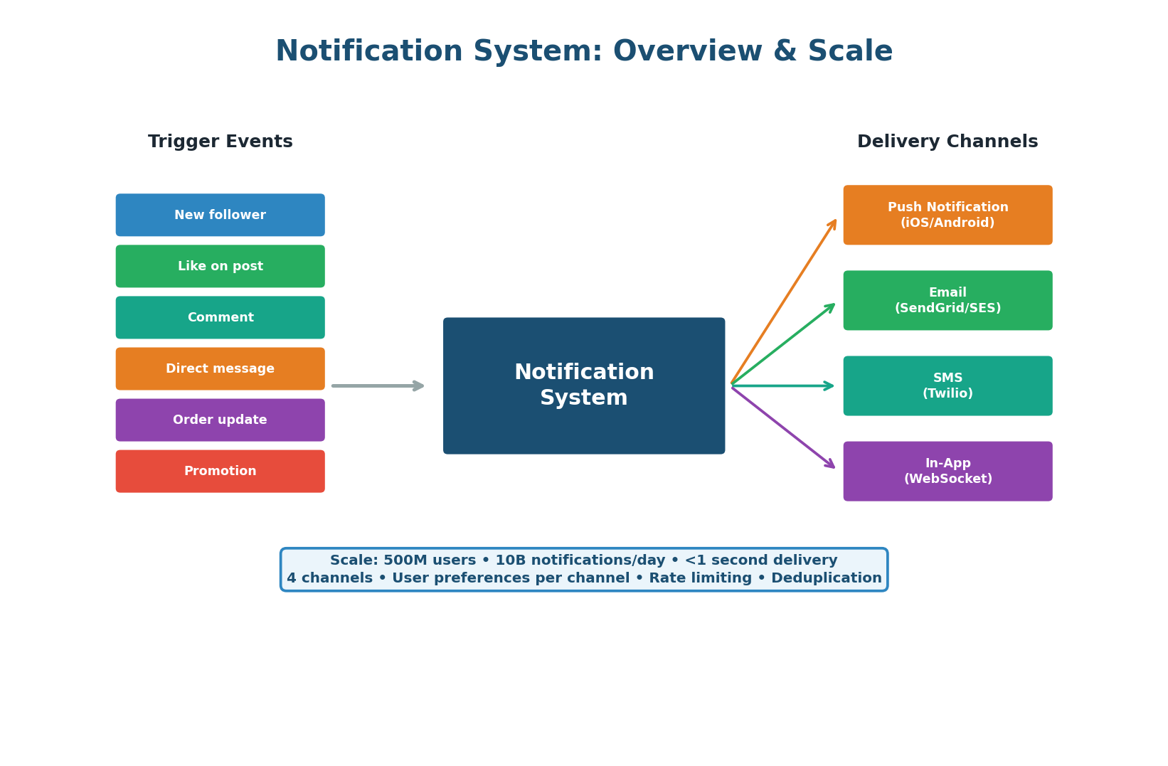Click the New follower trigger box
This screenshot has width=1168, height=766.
point(220,215)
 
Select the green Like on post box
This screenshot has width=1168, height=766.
point(220,266)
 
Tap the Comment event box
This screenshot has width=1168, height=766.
point(220,317)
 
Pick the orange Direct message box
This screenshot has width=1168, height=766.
point(220,368)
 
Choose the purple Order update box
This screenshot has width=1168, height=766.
point(220,420)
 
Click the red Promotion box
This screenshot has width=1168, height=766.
point(220,471)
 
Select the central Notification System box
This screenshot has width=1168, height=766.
point(583,385)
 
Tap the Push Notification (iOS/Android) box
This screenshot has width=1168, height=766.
point(947,215)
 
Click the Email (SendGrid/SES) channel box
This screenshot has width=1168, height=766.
point(947,300)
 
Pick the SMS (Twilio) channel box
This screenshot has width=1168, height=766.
point(947,385)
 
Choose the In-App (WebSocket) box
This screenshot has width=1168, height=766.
point(947,471)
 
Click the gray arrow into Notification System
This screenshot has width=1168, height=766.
point(377,385)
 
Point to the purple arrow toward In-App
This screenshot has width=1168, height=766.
point(782,427)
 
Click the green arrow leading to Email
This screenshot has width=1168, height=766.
point(782,344)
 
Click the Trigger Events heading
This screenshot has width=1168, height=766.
point(220,142)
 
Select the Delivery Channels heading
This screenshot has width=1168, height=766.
point(947,142)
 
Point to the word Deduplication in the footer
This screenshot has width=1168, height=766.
point(826,578)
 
